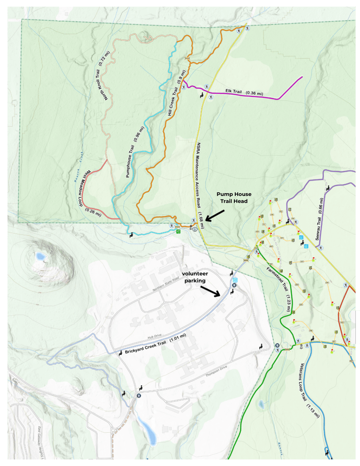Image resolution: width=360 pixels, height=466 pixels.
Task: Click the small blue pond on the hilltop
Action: click(38, 256)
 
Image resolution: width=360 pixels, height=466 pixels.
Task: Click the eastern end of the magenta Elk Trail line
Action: click(302, 76)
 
